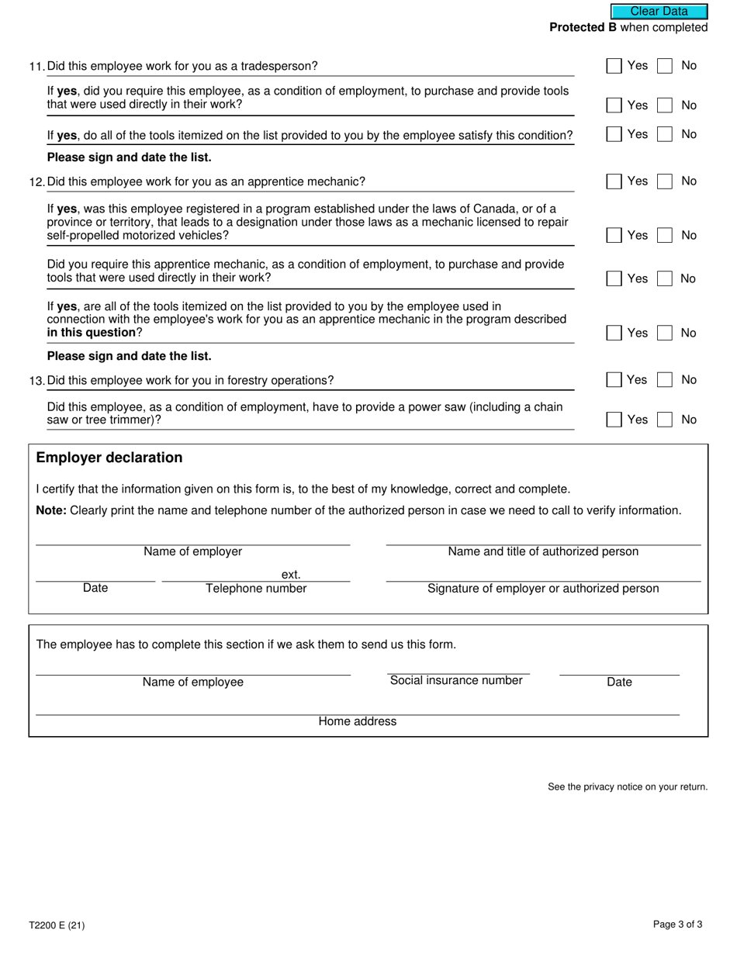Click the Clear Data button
click(659, 11)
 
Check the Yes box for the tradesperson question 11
click(614, 66)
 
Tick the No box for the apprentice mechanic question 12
click(665, 181)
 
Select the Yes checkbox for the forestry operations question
click(614, 380)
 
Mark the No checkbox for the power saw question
click(665, 420)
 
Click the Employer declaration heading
click(109, 458)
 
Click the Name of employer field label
click(192, 551)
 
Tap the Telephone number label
click(256, 589)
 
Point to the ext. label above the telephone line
click(291, 575)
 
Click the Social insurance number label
click(456, 680)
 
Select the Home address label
click(357, 721)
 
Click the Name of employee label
click(192, 682)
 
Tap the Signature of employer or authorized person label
click(543, 589)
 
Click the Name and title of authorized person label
click(543, 551)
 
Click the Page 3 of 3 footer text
click(677, 925)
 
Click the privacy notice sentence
click(628, 786)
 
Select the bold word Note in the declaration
click(51, 510)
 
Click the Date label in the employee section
click(619, 682)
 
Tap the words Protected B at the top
click(583, 27)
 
